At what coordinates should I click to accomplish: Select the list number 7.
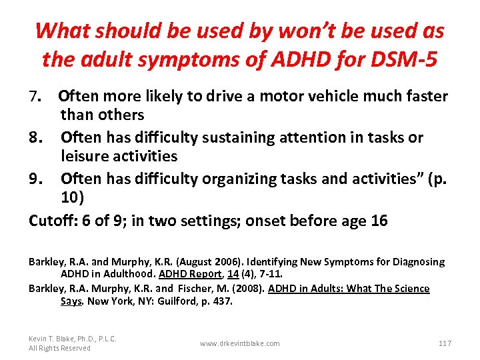tap(36, 97)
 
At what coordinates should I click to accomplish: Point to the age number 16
tap(378, 221)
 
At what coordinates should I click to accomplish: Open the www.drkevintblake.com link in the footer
tap(240, 343)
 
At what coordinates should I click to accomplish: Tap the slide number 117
tap(445, 343)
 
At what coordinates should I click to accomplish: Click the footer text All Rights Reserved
tap(59, 348)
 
